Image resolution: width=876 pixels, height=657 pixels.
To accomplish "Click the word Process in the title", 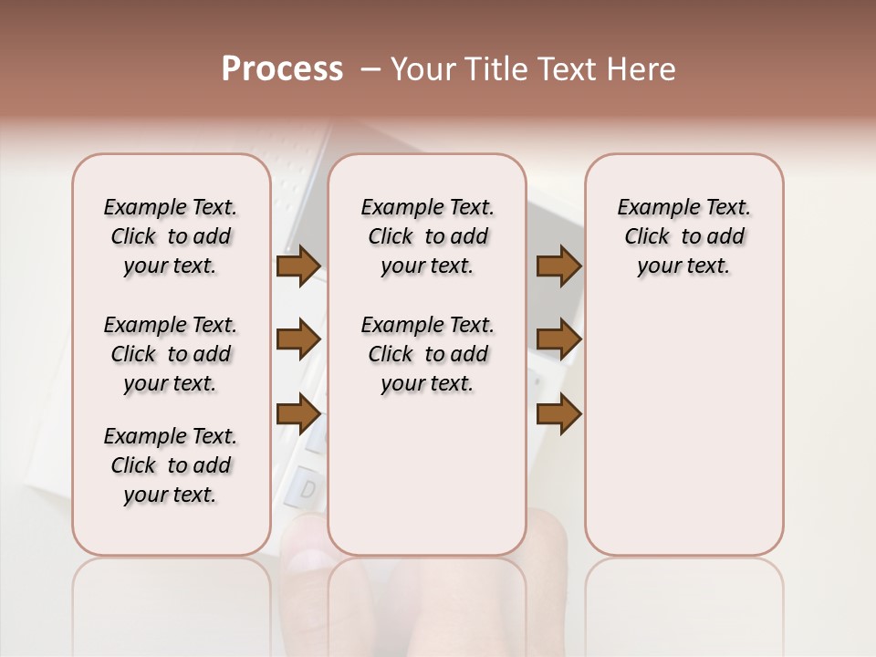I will click(x=282, y=69).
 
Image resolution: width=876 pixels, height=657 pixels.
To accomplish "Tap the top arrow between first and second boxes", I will click(x=297, y=266).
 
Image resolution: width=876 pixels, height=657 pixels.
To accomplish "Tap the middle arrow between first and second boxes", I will click(x=297, y=339).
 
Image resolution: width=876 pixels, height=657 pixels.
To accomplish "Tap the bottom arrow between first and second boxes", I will click(x=297, y=413).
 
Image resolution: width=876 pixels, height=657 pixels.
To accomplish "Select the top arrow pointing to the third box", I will click(x=558, y=266).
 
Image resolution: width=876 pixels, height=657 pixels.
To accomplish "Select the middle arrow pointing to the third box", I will click(x=558, y=339).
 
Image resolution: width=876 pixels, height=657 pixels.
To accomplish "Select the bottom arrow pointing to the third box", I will click(x=558, y=413).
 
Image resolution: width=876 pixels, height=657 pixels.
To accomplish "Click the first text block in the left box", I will click(x=171, y=236).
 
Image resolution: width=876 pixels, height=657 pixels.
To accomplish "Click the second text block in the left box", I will click(x=171, y=354).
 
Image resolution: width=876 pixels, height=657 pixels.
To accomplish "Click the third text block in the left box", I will click(x=171, y=465).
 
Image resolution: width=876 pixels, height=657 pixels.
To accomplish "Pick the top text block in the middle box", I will click(x=427, y=236).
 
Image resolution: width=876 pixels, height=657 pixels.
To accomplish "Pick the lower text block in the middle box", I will click(x=427, y=354).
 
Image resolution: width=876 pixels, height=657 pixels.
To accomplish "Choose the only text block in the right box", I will click(x=683, y=236).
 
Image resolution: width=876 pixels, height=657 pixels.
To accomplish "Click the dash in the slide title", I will click(x=370, y=69).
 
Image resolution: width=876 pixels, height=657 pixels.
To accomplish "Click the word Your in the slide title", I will click(x=424, y=69).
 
